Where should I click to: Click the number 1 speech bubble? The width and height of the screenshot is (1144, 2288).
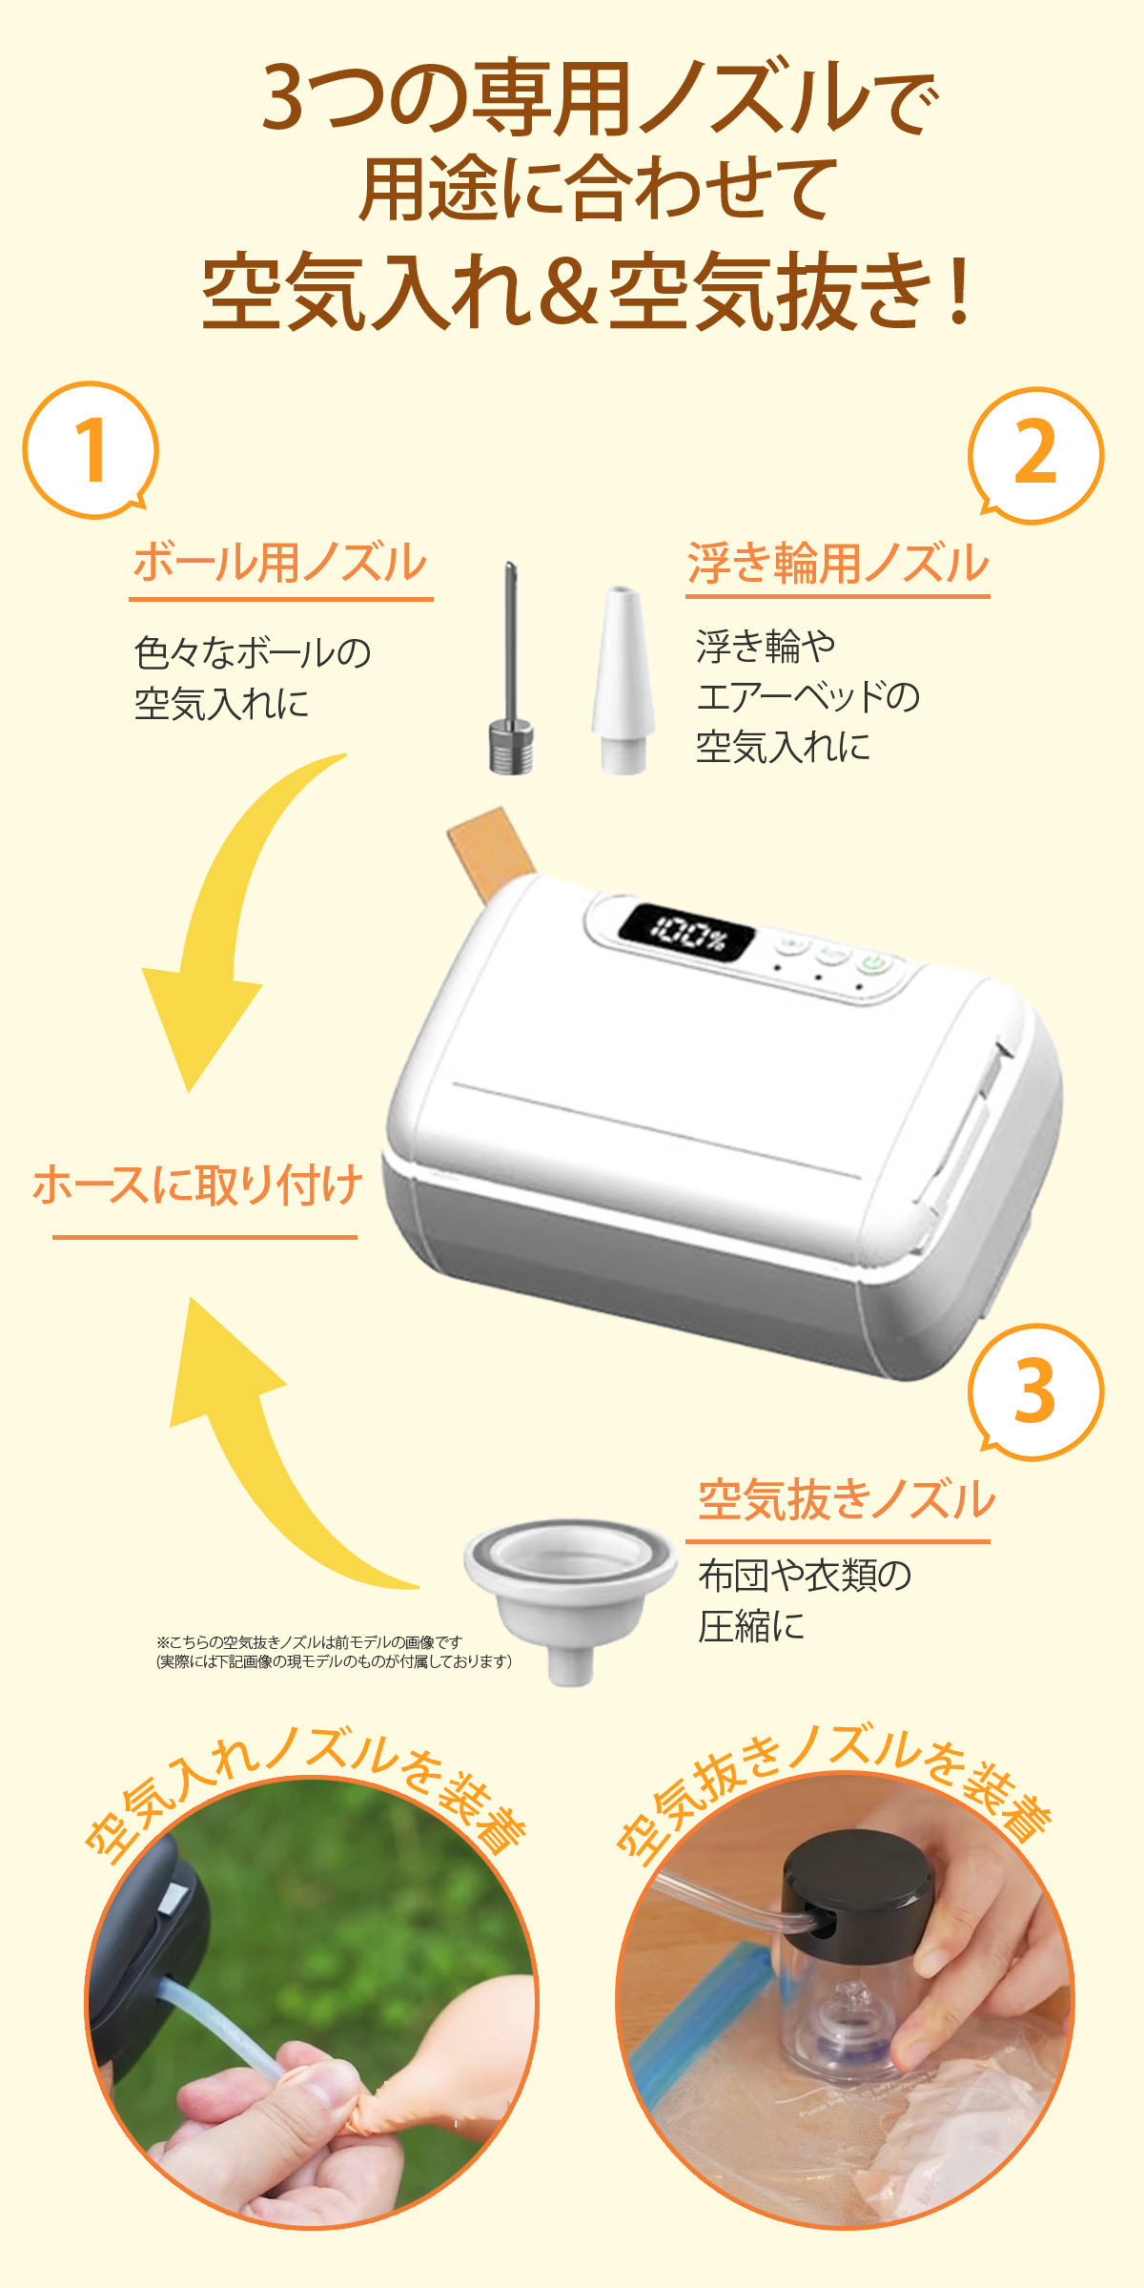91,451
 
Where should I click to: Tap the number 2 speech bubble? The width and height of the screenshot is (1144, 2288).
1035,455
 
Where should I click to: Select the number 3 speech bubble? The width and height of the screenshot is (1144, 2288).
1035,1391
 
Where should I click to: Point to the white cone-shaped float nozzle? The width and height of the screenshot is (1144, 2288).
623,682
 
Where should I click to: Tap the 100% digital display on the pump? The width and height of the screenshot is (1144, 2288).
686,933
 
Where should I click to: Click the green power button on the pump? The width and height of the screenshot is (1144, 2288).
875,962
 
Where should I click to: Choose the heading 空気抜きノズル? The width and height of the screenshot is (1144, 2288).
846,1499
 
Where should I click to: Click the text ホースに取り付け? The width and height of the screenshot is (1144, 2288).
198,1185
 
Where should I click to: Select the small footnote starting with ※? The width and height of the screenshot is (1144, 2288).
334,1652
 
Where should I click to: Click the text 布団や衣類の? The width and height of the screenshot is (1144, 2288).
805,1576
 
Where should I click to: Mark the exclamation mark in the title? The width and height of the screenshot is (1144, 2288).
959,291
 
